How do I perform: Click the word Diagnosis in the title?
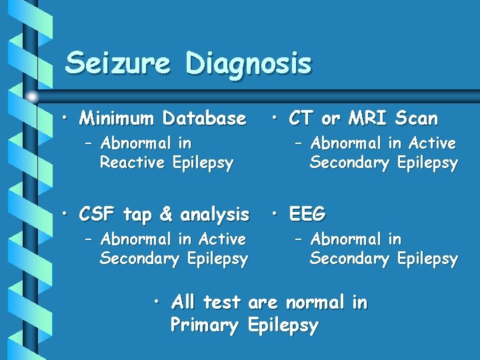[x=249, y=65]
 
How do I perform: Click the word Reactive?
[x=132, y=163]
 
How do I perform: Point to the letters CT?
[x=301, y=119]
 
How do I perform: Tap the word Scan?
[x=416, y=119]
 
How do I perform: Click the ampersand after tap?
[x=166, y=215]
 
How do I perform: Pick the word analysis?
[x=214, y=215]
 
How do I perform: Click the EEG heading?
[x=307, y=215]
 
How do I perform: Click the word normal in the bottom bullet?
[x=316, y=303]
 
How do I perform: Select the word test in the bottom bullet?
[x=221, y=303]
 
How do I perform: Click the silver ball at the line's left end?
[x=33, y=97]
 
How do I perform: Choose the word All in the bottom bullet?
[x=183, y=303]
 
